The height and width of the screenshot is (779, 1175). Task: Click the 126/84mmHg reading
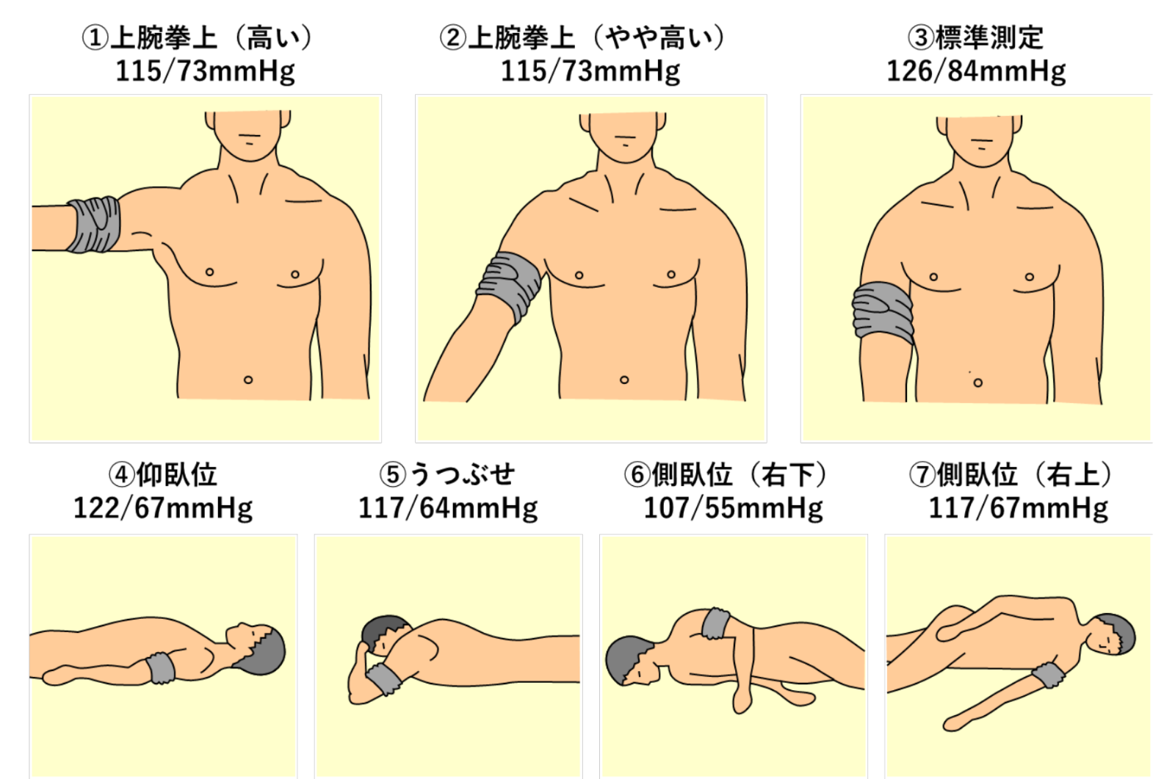(x=976, y=71)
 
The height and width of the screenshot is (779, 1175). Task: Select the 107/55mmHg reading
(x=734, y=508)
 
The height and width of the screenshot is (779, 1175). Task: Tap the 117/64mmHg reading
(x=448, y=508)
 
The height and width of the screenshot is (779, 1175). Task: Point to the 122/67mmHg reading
(x=162, y=508)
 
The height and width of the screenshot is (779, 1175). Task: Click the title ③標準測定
(x=976, y=37)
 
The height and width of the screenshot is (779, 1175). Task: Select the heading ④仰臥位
(x=162, y=474)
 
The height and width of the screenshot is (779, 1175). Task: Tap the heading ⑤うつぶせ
(x=447, y=474)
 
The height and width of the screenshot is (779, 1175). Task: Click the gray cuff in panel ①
(x=93, y=225)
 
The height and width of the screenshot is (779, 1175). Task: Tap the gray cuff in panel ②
(x=508, y=286)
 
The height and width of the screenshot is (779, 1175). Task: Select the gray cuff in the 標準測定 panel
(x=883, y=313)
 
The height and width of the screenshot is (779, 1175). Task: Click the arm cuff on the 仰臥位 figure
(x=161, y=668)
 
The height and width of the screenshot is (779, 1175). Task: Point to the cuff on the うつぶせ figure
(x=384, y=679)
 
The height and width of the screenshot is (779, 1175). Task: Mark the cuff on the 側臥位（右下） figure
(x=716, y=623)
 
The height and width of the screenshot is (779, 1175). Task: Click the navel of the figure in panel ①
(x=248, y=380)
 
